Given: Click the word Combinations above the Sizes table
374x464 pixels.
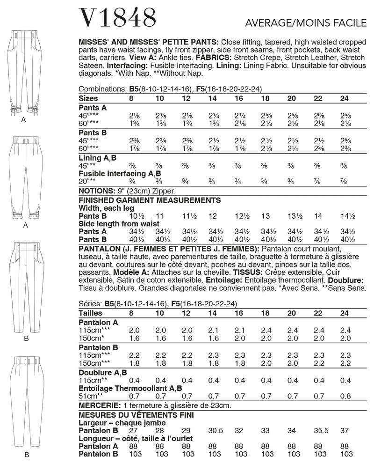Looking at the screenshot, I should tap(102, 89).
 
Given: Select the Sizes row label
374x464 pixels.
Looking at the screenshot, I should tap(88, 98).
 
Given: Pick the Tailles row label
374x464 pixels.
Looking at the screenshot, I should tap(91, 313).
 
